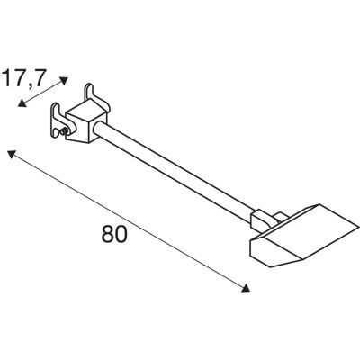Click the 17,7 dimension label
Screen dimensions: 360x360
(24, 77)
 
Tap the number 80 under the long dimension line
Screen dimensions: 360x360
(114, 234)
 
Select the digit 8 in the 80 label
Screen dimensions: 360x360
(108, 234)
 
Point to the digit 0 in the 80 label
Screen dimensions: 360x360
(121, 234)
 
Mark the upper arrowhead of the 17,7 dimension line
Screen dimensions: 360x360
(64, 81)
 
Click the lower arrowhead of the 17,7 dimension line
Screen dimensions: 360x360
(22, 103)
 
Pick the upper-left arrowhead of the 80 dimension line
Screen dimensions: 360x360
(12, 155)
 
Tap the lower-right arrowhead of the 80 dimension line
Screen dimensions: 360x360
(246, 288)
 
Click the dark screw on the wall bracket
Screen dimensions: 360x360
(64, 130)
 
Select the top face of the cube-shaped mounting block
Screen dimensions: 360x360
(86, 110)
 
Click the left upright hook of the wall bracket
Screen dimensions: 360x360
(56, 119)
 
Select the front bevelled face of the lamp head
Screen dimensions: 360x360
(275, 251)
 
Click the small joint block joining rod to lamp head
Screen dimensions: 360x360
(260, 221)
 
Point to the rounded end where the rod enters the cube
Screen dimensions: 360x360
(96, 130)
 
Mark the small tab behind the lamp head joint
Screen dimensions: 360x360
(281, 217)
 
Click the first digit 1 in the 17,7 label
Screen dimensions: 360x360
(7, 77)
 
